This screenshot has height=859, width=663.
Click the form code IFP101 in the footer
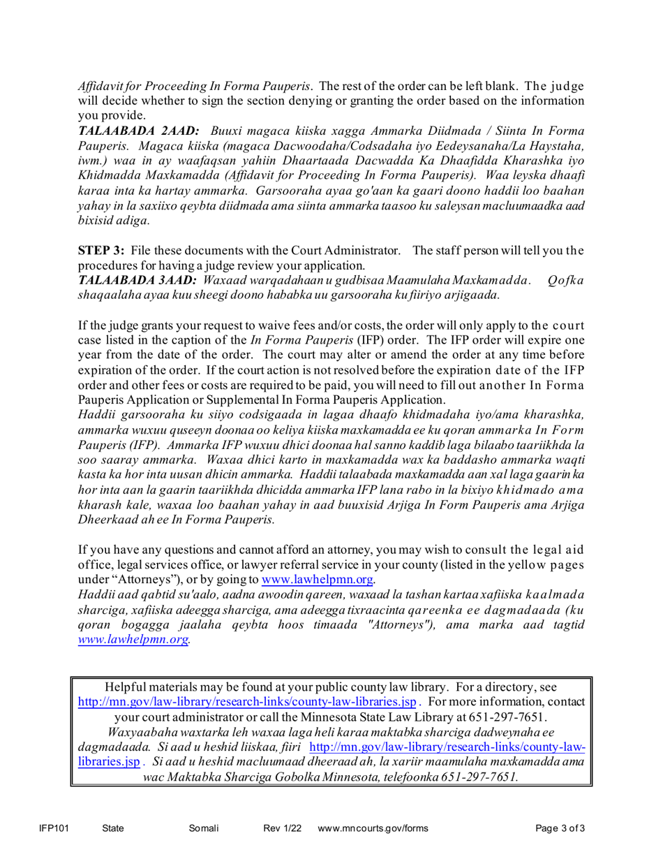[52, 829]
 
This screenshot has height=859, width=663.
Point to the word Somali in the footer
[204, 829]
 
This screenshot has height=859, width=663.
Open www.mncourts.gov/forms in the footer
[373, 829]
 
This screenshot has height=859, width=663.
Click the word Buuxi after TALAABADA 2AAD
[229, 131]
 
